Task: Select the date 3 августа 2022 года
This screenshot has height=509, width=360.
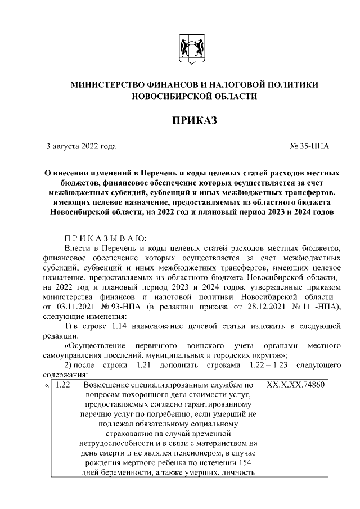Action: click(81, 146)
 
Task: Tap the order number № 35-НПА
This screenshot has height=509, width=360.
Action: click(309, 146)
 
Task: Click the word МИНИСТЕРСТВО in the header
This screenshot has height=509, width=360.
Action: click(112, 84)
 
